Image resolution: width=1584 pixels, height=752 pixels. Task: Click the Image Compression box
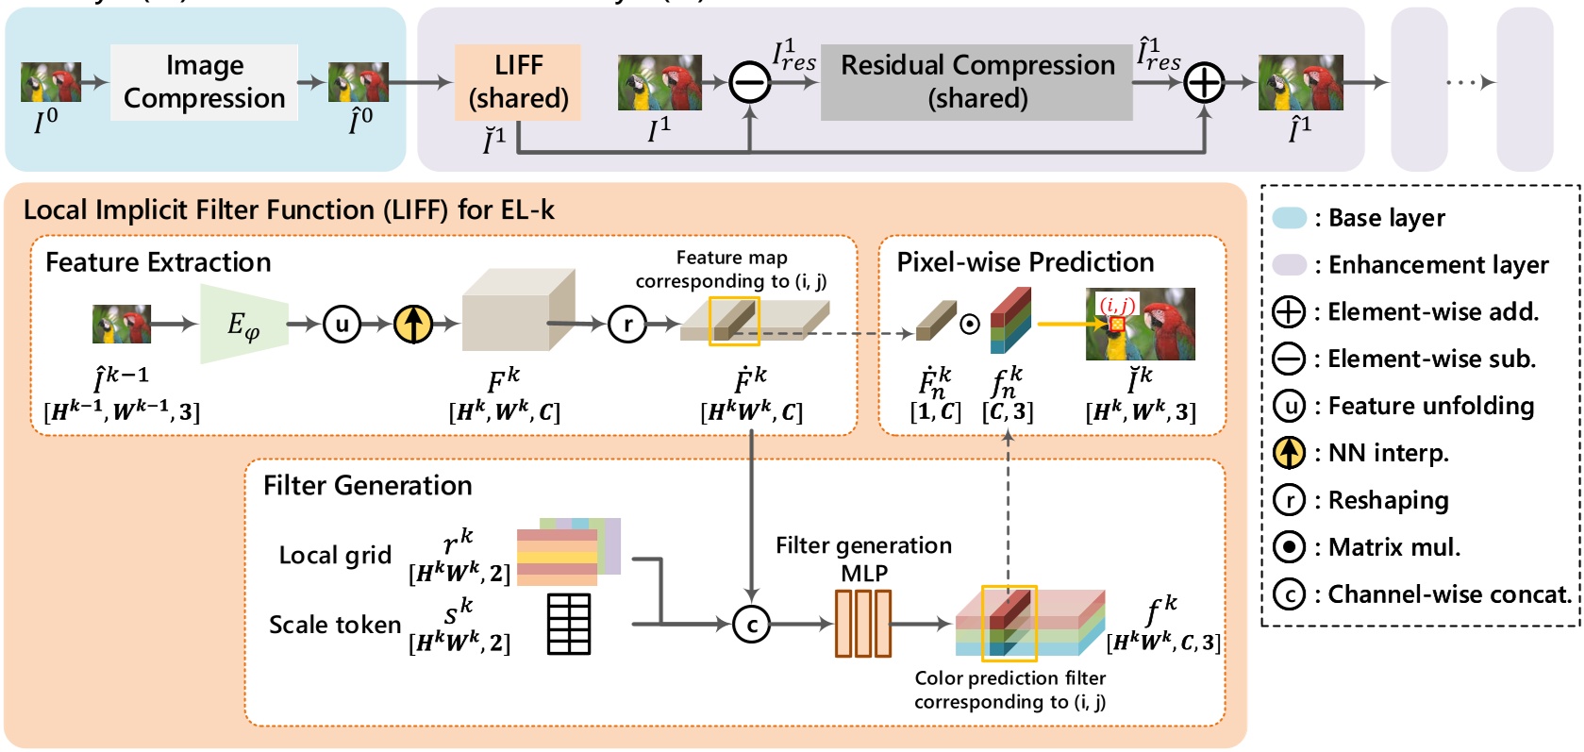click(204, 82)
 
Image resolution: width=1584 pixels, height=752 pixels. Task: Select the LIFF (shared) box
click(518, 82)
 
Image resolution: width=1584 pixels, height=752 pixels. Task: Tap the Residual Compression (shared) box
click(976, 82)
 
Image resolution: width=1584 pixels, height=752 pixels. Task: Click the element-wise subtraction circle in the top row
click(750, 83)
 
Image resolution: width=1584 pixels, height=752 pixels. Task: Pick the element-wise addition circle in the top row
click(1204, 83)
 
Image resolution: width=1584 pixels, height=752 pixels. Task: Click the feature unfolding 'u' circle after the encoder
click(342, 325)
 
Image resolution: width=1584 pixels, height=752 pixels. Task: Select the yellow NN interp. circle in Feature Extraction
click(412, 325)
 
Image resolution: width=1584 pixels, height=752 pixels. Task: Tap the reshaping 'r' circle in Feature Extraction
click(627, 325)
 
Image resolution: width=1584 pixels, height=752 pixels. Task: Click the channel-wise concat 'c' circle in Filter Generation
click(752, 624)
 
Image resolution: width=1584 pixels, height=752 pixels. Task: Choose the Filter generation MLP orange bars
click(862, 623)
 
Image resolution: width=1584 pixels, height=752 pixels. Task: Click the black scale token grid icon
click(569, 624)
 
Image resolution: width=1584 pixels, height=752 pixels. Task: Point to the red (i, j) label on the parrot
click(1117, 305)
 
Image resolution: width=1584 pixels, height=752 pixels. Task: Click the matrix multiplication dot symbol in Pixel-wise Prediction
click(970, 324)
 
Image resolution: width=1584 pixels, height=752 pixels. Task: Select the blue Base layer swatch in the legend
click(1289, 218)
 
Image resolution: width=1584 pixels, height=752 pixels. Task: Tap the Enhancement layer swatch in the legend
click(1289, 265)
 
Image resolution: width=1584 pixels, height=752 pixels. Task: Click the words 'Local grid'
click(335, 555)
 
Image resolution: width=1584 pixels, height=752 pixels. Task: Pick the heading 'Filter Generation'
click(367, 485)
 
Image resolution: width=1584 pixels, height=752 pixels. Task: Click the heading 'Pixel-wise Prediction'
click(1025, 261)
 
